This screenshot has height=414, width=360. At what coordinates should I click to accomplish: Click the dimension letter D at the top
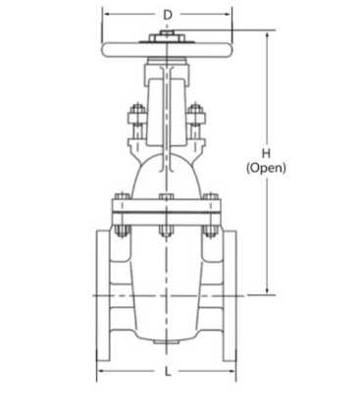click(167, 15)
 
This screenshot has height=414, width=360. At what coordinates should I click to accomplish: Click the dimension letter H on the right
click(266, 153)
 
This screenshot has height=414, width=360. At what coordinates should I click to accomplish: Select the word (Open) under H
click(266, 168)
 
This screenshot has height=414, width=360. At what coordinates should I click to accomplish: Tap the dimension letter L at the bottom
click(168, 372)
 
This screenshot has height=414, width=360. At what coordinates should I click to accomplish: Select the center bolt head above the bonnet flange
click(167, 196)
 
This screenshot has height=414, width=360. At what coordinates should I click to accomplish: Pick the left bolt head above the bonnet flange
click(123, 196)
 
